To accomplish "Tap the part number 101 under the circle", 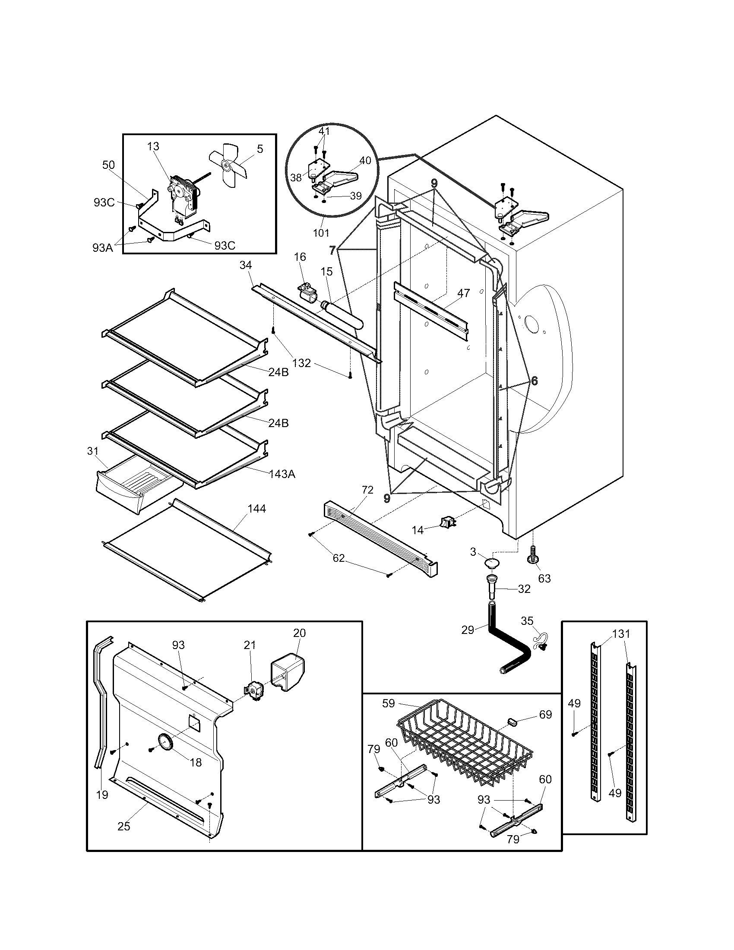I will (321, 233).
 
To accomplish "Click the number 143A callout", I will (282, 474).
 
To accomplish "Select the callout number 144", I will (256, 509).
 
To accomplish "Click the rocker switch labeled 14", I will (447, 522).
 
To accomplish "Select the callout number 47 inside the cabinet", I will (464, 293).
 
